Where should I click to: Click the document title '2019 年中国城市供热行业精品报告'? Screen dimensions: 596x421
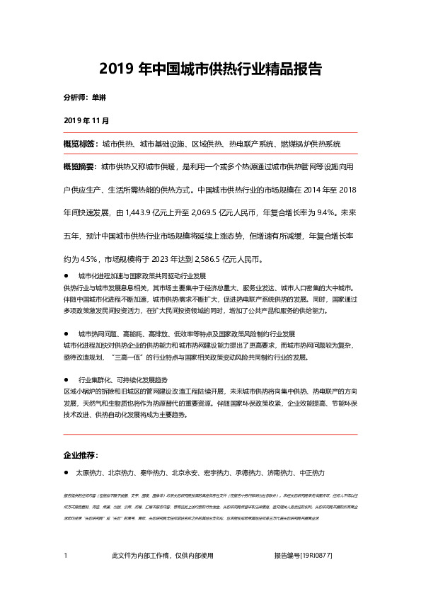tap(211, 69)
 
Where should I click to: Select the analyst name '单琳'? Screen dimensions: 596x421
tap(99, 97)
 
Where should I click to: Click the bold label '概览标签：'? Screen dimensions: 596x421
tap(80, 144)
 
